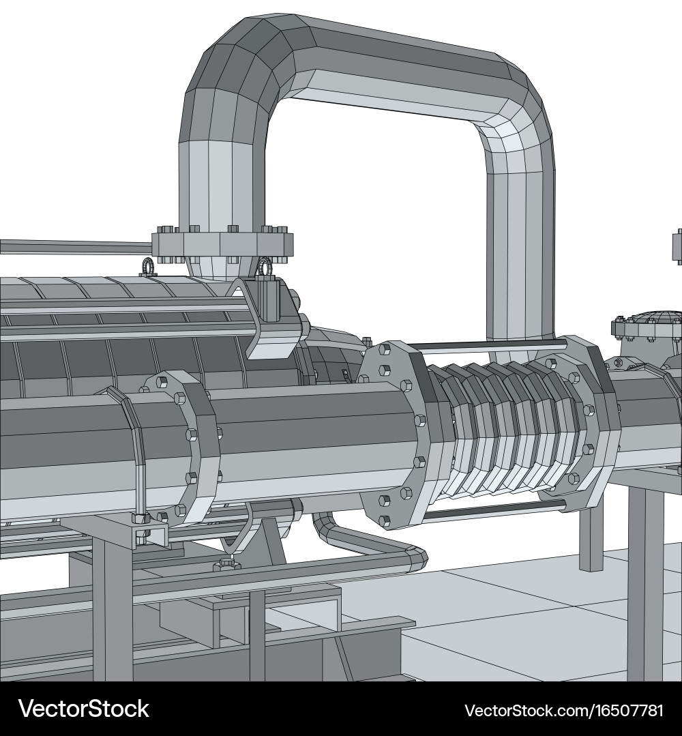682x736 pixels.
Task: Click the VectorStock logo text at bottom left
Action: coord(83,709)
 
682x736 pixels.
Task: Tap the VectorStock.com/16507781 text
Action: coord(563,710)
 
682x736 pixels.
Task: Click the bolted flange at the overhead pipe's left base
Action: coord(222,244)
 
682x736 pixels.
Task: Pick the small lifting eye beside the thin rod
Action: coord(147,266)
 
